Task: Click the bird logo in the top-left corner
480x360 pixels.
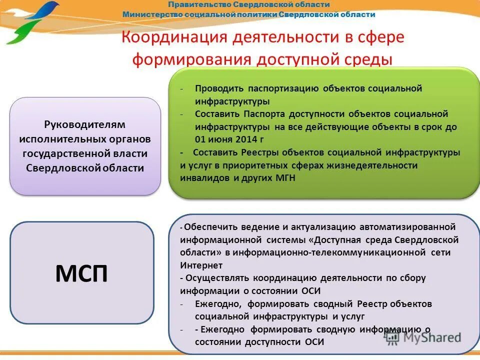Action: [x=31, y=21]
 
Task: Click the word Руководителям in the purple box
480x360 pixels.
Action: [x=84, y=124]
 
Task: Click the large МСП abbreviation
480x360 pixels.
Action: [x=81, y=273]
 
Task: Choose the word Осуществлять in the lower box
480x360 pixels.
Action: [x=218, y=278]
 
